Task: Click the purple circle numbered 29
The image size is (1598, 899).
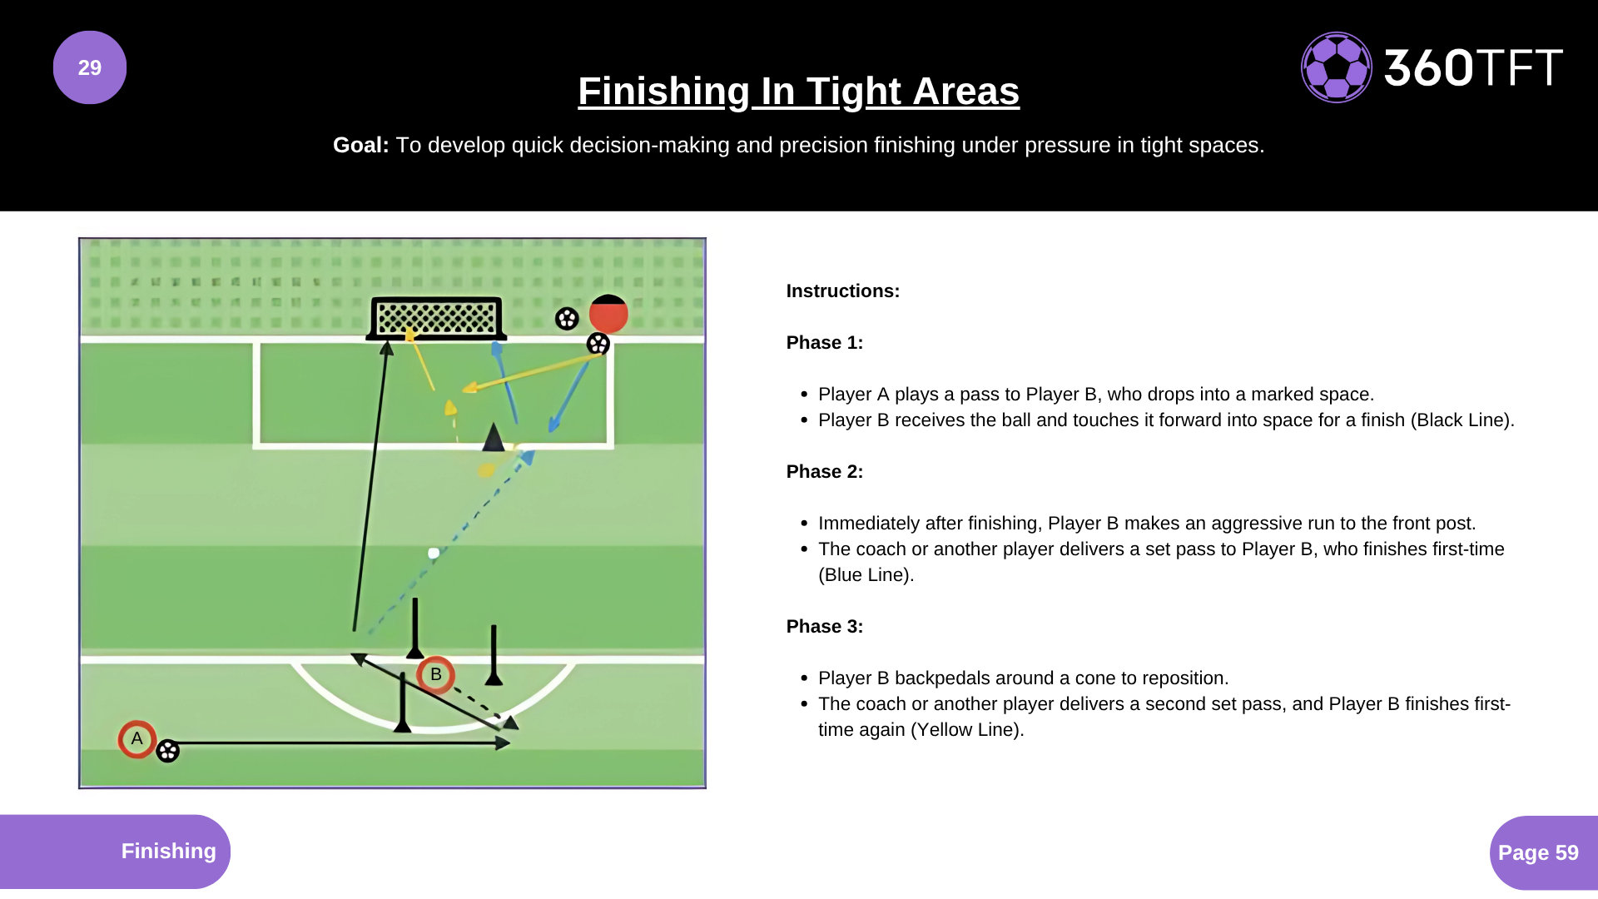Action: [90, 67]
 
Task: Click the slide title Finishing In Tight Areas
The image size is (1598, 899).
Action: [798, 91]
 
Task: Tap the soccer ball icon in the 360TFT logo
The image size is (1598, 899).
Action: [1336, 67]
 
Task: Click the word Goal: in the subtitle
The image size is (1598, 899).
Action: [360, 145]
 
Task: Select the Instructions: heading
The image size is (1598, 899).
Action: [842, 291]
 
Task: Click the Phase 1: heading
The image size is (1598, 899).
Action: [824, 343]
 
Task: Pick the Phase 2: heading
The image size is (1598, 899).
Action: [824, 472]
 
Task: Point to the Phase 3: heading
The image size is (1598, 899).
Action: [824, 627]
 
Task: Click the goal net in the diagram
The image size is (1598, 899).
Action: [436, 317]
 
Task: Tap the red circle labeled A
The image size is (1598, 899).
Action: [137, 739]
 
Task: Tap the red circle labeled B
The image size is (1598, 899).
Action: [435, 674]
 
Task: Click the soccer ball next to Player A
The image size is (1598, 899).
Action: [168, 751]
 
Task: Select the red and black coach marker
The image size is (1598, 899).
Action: [608, 314]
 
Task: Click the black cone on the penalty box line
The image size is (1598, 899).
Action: [494, 437]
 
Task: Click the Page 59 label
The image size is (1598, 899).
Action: [1538, 852]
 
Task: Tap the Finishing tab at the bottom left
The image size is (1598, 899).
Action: [168, 851]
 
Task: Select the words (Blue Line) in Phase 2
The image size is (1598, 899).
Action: [866, 575]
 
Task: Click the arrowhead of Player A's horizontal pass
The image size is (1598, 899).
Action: [503, 743]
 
